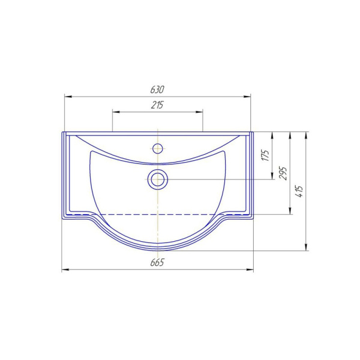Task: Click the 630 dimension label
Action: click(157, 89)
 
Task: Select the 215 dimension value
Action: click(157, 105)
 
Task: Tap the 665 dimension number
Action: click(157, 262)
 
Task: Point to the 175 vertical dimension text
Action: click(266, 155)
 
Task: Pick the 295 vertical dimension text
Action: click(283, 173)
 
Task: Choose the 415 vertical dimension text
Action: click(300, 191)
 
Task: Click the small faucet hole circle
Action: click(158, 148)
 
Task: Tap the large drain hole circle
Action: click(158, 179)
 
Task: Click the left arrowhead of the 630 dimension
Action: click(68, 97)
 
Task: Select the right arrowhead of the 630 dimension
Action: click(247, 97)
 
